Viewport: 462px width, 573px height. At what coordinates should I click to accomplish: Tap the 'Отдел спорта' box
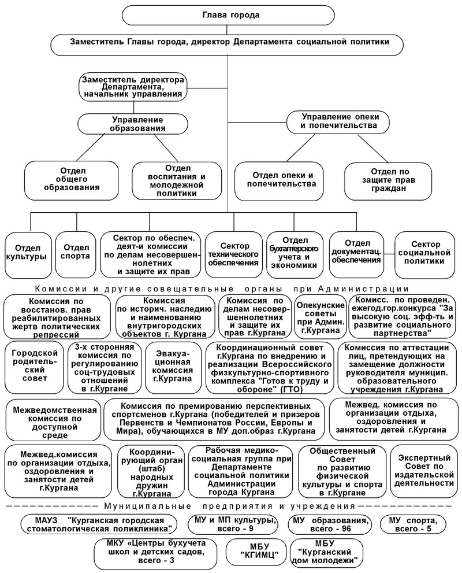[x=76, y=253]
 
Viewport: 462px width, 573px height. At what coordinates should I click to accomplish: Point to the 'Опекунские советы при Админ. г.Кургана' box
[x=319, y=317]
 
